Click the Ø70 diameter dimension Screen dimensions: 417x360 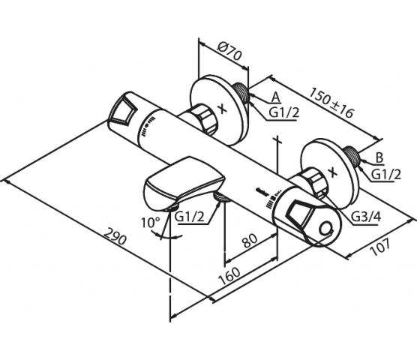pyautogui.click(x=229, y=51)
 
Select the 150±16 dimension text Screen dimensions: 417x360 pyautogui.click(x=331, y=103)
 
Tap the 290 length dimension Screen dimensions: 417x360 pyautogui.click(x=114, y=236)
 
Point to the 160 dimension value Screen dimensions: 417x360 pyautogui.click(x=229, y=276)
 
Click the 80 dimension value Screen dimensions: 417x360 pyautogui.click(x=250, y=240)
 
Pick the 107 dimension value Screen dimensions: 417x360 pyautogui.click(x=380, y=247)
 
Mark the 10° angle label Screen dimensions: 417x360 pyautogui.click(x=151, y=222)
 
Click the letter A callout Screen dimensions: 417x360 pyautogui.click(x=276, y=97)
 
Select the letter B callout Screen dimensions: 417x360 pyautogui.click(x=379, y=158)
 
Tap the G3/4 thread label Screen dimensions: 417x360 pyautogui.click(x=366, y=217)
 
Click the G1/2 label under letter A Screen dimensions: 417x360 pyautogui.click(x=284, y=112)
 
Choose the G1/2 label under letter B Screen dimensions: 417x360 pyautogui.click(x=386, y=175)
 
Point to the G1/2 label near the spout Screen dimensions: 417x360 pyautogui.click(x=189, y=217)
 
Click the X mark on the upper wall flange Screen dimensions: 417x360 pyautogui.click(x=222, y=109)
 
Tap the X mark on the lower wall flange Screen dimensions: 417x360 pyautogui.click(x=333, y=172)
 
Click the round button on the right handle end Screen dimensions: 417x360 pyautogui.click(x=326, y=229)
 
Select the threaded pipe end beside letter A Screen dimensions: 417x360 pyautogui.click(x=241, y=93)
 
